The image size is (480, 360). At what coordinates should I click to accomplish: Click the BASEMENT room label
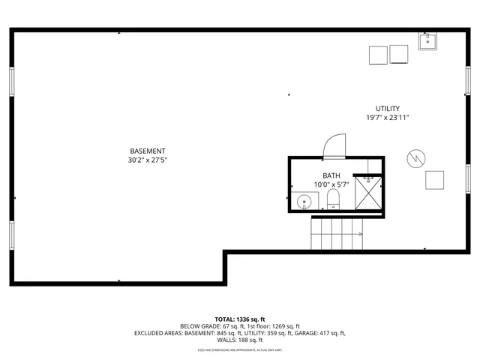pyautogui.click(x=147, y=151)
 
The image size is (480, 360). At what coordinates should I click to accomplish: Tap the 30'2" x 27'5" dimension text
pyautogui.click(x=147, y=160)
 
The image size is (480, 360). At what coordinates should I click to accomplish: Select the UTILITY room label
pyautogui.click(x=388, y=109)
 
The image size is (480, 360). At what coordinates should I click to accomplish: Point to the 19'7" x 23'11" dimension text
pyautogui.click(x=388, y=118)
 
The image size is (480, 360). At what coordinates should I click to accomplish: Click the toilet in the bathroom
pyautogui.click(x=334, y=199)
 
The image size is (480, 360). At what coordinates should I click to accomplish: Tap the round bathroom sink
pyautogui.click(x=304, y=201)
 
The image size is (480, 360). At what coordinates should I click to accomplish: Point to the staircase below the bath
pyautogui.click(x=337, y=234)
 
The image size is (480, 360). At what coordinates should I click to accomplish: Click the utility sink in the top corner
pyautogui.click(x=428, y=40)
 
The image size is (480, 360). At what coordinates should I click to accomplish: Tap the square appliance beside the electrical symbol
pyautogui.click(x=434, y=180)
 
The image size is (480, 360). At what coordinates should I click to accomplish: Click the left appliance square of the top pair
pyautogui.click(x=378, y=55)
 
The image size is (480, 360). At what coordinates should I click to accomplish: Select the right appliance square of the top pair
pyautogui.click(x=398, y=55)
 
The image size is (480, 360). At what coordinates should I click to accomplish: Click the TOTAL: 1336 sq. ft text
pyautogui.click(x=240, y=319)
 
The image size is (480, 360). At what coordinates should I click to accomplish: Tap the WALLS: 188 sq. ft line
pyautogui.click(x=240, y=340)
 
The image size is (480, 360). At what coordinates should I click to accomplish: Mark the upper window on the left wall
pyautogui.click(x=10, y=81)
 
